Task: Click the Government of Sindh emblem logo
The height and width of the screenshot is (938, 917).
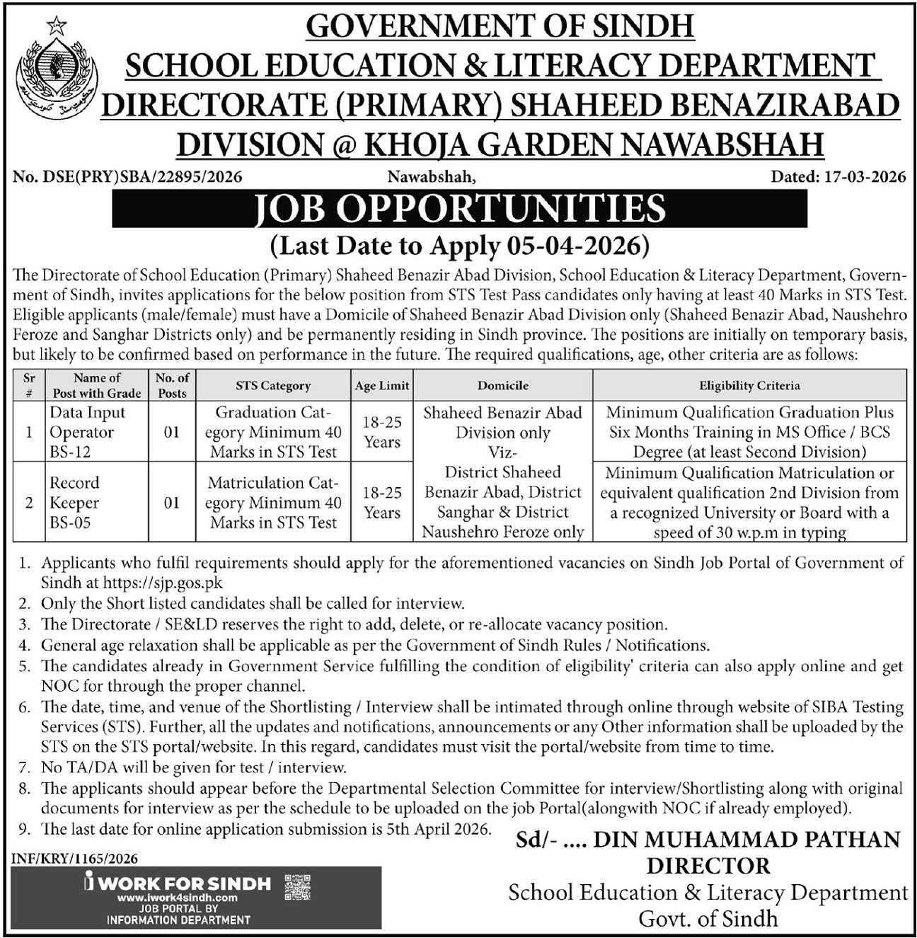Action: [x=59, y=67]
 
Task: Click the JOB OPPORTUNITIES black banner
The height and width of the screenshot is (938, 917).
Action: [x=460, y=209]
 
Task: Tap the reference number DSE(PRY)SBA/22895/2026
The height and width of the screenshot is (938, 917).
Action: [x=127, y=177]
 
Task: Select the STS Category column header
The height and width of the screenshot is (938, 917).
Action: [x=273, y=386]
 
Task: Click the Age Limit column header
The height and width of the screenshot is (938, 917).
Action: [x=382, y=386]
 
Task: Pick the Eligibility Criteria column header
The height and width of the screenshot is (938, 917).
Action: [x=749, y=386]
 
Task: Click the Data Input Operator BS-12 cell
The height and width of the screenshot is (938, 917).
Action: [x=88, y=432]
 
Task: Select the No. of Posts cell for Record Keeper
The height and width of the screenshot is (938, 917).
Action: [x=171, y=503]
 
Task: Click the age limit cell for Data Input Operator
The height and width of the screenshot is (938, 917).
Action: [x=382, y=432]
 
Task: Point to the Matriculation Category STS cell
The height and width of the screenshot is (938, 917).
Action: [x=274, y=503]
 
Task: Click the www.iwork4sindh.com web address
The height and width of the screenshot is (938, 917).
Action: [x=177, y=898]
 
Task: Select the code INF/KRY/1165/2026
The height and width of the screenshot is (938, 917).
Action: [x=75, y=859]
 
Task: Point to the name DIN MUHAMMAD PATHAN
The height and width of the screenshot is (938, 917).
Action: [x=746, y=840]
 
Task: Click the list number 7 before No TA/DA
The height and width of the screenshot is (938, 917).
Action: [x=25, y=767]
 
